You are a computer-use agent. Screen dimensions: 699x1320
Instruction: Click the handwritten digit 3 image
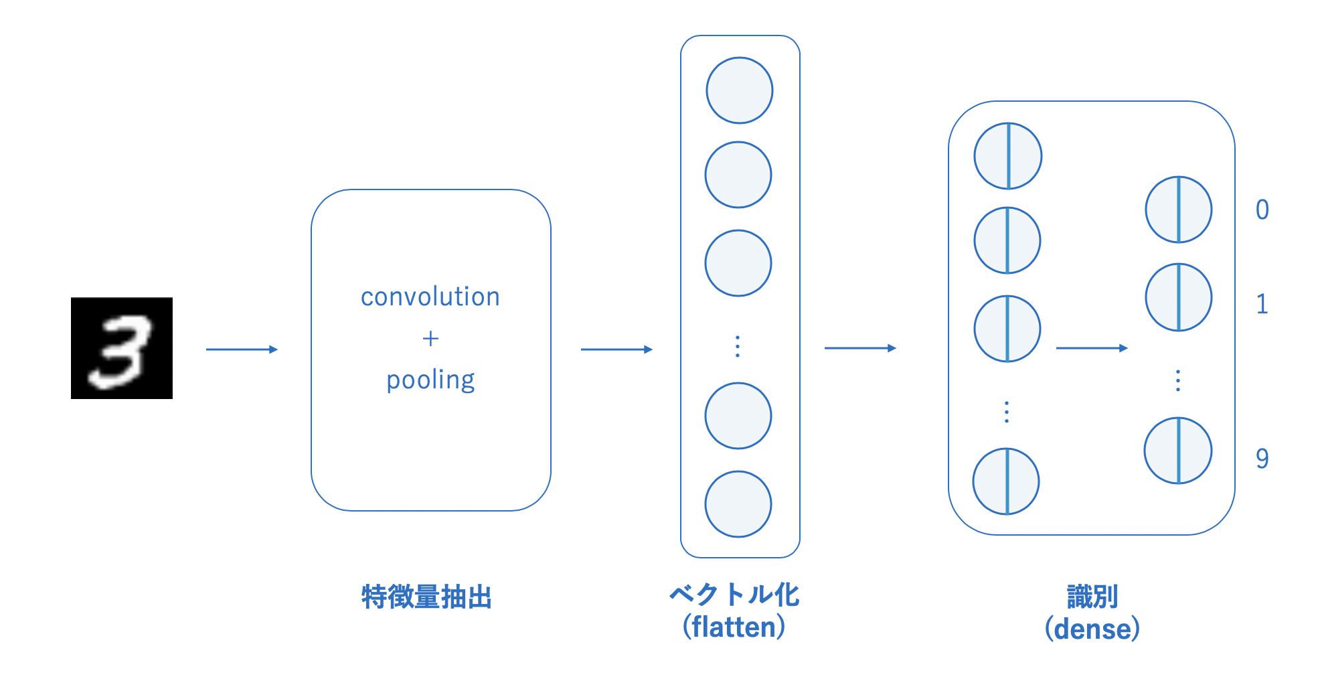(121, 348)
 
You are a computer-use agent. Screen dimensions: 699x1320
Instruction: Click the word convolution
(430, 297)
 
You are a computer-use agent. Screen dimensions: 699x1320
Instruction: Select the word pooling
(430, 380)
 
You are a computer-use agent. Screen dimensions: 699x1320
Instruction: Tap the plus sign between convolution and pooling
(430, 339)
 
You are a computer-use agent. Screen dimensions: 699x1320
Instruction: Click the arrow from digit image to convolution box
(242, 349)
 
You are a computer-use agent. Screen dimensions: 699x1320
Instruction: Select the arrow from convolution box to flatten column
(616, 349)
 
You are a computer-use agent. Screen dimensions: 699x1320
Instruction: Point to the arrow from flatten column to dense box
(860, 348)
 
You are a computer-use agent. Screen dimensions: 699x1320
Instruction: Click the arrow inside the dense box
(1092, 348)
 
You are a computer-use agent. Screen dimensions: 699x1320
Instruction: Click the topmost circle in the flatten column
(740, 90)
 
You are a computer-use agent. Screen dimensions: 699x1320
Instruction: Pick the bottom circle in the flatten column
(738, 504)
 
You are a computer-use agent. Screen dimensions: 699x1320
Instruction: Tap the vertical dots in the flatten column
(738, 346)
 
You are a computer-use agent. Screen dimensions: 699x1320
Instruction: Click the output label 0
(1262, 210)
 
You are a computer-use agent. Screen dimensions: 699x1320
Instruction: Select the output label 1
(1262, 305)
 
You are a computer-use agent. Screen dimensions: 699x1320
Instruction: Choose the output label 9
(1262, 459)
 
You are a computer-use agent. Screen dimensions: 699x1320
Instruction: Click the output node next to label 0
(1179, 210)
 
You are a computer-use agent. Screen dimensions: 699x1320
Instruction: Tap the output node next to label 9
(1178, 451)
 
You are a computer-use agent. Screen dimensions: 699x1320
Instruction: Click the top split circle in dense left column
(1008, 156)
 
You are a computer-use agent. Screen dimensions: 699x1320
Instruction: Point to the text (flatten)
(734, 627)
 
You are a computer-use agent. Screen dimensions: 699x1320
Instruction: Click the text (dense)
(1092, 629)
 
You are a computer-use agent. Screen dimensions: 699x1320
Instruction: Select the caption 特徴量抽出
(426, 597)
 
